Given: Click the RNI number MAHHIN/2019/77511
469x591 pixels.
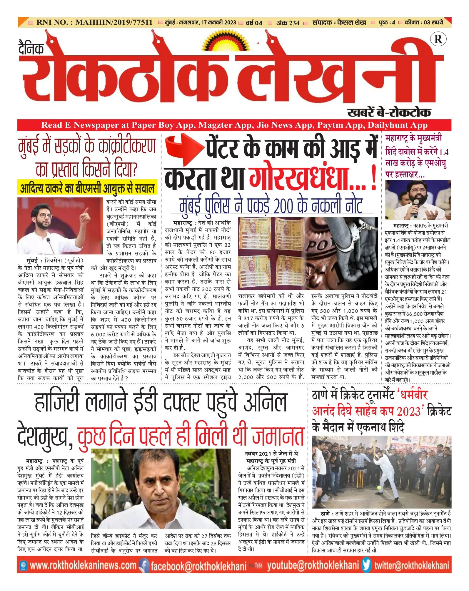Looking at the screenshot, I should pos(114,22).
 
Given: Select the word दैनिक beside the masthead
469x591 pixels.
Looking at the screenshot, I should pos(31,48).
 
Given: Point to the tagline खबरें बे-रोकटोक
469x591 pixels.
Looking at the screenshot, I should pos(389,112).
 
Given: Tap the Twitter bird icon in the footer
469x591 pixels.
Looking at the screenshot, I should pos(366,565).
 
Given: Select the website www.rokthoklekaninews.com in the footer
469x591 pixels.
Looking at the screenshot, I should pos(83,565).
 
